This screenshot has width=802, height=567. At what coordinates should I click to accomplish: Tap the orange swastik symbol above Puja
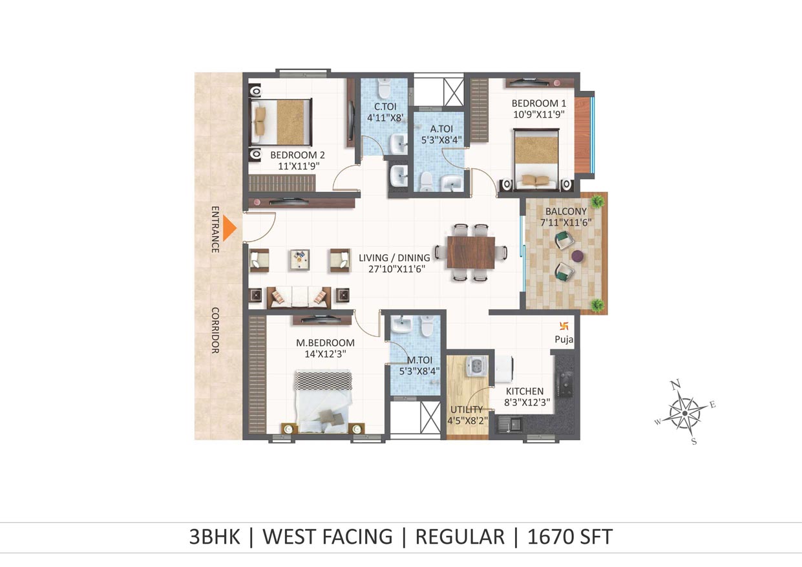click(x=564, y=326)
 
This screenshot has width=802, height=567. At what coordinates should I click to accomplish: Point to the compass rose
click(x=684, y=413)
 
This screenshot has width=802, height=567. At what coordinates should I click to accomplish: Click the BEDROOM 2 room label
click(x=297, y=155)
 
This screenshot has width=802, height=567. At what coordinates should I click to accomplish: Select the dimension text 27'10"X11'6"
click(x=397, y=269)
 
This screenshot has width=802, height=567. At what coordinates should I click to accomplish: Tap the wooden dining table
click(x=471, y=252)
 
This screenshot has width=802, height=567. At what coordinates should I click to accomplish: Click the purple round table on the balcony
click(x=578, y=256)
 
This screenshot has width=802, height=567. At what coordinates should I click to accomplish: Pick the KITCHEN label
click(x=525, y=391)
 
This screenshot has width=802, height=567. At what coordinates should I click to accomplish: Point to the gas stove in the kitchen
click(x=565, y=384)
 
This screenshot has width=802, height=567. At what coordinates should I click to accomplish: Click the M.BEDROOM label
click(x=325, y=343)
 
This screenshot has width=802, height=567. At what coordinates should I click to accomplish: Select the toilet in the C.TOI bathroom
click(x=385, y=88)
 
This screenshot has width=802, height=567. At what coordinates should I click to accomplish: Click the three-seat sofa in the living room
click(x=299, y=297)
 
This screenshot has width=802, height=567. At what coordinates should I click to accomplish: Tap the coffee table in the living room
click(x=300, y=260)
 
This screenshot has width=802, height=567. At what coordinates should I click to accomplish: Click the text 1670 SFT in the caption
click(x=570, y=537)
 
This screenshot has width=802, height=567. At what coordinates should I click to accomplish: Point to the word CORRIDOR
click(x=215, y=330)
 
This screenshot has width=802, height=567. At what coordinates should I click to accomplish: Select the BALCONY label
click(x=566, y=211)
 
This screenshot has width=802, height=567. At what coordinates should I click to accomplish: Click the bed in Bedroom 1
click(x=536, y=158)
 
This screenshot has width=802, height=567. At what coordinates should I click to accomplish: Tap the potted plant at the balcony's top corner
click(x=596, y=201)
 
